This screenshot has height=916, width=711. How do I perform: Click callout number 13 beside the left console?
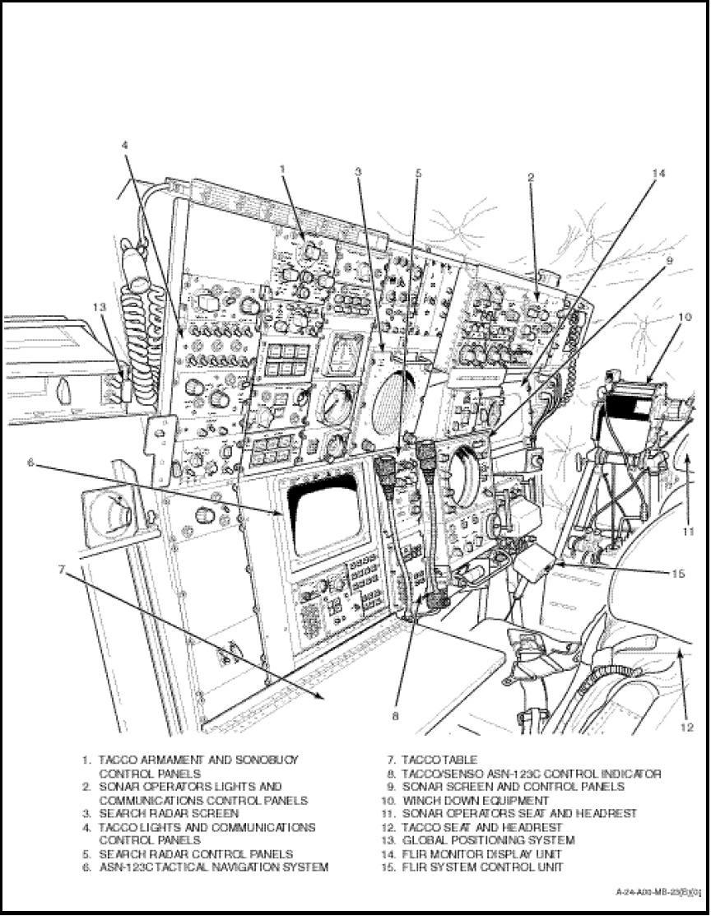pyautogui.click(x=100, y=306)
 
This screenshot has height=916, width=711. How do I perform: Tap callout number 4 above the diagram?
pyautogui.click(x=124, y=145)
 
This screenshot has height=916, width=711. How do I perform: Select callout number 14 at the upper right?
pyautogui.click(x=658, y=174)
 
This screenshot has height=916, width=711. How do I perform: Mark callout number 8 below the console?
pyautogui.click(x=395, y=716)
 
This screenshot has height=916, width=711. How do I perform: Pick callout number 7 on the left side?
pyautogui.click(x=62, y=569)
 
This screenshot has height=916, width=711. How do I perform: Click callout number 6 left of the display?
pyautogui.click(x=30, y=462)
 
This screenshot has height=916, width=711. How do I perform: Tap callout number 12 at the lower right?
pyautogui.click(x=685, y=728)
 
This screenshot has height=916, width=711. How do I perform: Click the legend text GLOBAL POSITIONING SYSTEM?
pyautogui.click(x=488, y=840)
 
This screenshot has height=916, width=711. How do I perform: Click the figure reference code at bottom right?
pyautogui.click(x=658, y=891)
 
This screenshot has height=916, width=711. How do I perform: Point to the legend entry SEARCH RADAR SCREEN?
pyautogui.click(x=169, y=813)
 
